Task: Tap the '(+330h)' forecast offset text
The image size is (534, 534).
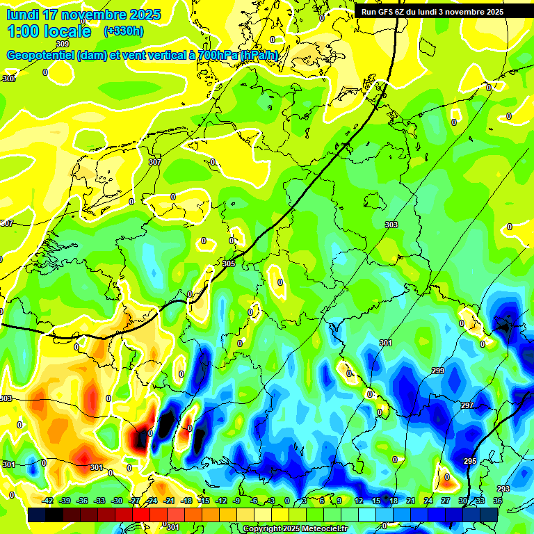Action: click(x=124, y=31)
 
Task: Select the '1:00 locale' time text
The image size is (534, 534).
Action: click(x=49, y=31)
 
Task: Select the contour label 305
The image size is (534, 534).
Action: click(x=229, y=264)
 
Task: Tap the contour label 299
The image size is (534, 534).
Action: click(x=438, y=371)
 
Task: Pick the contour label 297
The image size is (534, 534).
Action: click(x=467, y=405)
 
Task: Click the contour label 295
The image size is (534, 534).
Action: click(x=471, y=461)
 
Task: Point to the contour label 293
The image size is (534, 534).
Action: click(x=503, y=489)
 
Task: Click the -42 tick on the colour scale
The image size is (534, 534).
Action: click(x=48, y=501)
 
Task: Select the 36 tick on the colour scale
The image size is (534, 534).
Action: click(x=498, y=501)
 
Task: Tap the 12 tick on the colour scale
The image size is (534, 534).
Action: click(x=359, y=501)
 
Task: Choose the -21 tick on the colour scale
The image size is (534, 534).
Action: click(x=169, y=501)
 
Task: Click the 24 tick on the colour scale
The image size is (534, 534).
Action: click(x=428, y=501)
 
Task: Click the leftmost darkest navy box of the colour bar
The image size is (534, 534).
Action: click(x=36, y=515)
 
